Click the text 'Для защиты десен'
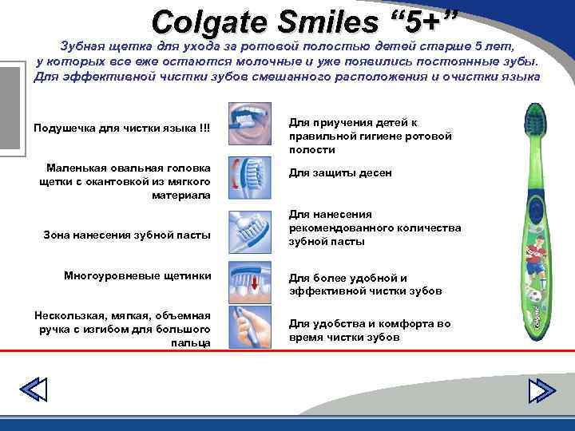point(339,173)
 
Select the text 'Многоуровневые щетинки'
point(137,275)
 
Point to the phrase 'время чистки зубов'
point(344,338)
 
